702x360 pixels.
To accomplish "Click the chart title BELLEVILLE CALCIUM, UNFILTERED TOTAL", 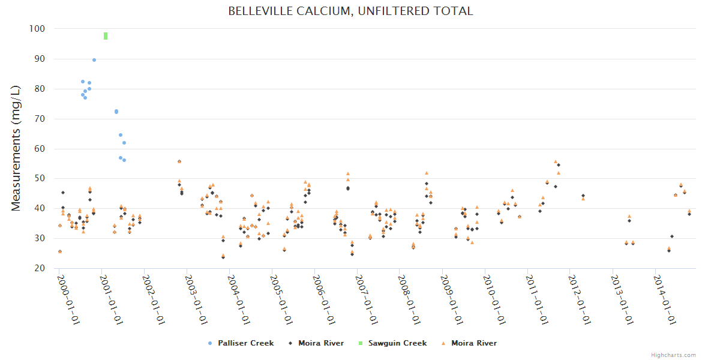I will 350,11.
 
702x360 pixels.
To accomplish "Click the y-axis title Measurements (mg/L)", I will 16,149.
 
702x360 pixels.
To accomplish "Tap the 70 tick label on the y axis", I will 40,119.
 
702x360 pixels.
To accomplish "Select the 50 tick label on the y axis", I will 40,179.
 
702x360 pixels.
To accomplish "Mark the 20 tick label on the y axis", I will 40,268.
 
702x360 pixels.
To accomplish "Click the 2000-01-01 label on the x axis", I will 68,300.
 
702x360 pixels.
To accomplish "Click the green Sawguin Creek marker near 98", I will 106,36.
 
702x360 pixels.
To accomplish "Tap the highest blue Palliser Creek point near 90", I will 94,60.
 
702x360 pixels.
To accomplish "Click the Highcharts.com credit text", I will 673,355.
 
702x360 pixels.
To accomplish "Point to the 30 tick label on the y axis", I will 40,238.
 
